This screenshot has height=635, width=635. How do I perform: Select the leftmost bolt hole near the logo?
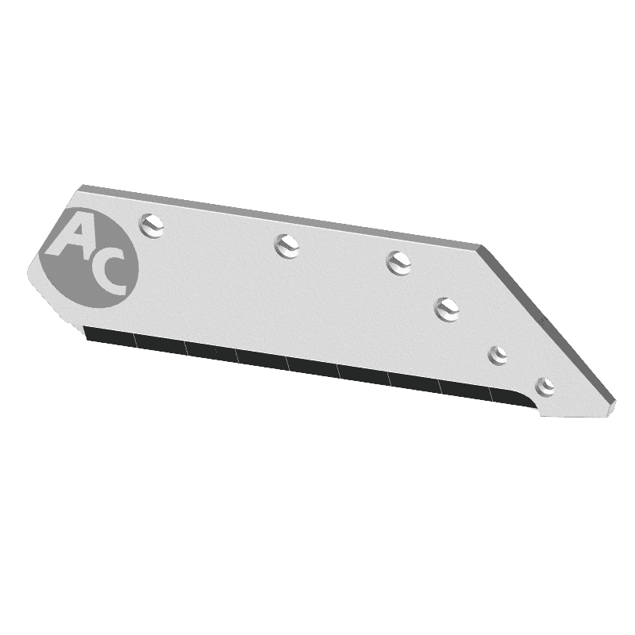pyautogui.click(x=153, y=225)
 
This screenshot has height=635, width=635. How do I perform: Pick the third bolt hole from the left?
pyautogui.click(x=398, y=261)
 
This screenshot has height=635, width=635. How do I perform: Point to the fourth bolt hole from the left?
pyautogui.click(x=447, y=307)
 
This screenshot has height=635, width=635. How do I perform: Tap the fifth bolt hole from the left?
pyautogui.click(x=498, y=354)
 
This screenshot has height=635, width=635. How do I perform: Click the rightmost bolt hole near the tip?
pyautogui.click(x=544, y=387)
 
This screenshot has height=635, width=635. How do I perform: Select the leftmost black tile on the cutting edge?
pyautogui.click(x=110, y=337)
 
